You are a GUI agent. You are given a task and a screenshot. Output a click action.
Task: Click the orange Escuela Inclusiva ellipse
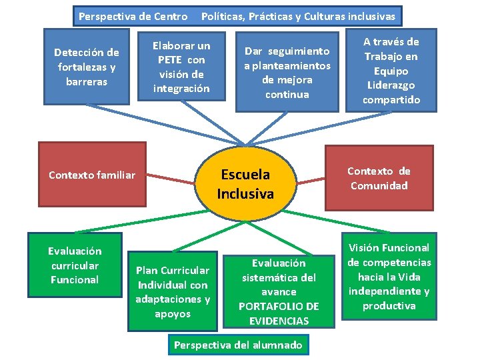point(245,185)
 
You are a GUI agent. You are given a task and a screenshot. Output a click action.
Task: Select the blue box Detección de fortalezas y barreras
point(87,67)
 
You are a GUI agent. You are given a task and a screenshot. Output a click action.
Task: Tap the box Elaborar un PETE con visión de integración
point(181,67)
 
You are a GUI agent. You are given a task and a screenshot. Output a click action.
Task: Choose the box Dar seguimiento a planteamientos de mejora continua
point(287,72)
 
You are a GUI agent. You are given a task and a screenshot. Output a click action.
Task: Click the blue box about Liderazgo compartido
point(391,70)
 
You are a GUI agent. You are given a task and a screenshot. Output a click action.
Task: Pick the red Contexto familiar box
point(92,175)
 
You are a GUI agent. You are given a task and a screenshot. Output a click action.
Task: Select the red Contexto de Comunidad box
point(379,178)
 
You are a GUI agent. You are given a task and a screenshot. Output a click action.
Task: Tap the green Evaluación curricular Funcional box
point(75,265)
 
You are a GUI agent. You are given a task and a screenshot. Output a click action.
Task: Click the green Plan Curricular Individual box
point(173,291)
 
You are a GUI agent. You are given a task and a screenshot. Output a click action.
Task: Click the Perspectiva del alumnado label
point(238,345)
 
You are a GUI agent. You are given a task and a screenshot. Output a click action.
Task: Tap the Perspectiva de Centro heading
point(133,15)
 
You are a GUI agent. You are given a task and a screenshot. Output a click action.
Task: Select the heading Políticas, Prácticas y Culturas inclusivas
point(298,15)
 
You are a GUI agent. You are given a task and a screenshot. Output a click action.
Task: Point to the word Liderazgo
point(391,85)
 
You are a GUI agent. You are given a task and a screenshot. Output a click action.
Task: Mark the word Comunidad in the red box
point(379,186)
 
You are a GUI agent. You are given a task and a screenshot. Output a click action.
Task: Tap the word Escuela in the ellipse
point(245,175)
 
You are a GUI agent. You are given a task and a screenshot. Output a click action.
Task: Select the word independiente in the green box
point(383,291)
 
